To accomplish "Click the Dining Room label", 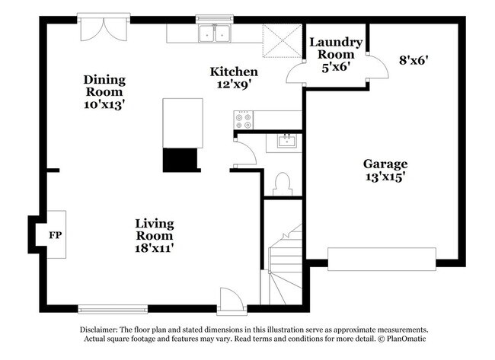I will pyautogui.click(x=105, y=79).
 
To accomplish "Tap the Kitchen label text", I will pyautogui.click(x=234, y=72).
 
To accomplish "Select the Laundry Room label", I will pyautogui.click(x=336, y=49).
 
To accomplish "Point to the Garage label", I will pyautogui.click(x=385, y=164).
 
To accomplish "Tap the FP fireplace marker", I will pyautogui.click(x=55, y=234).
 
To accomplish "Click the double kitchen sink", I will pyautogui.click(x=215, y=33).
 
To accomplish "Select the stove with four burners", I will pyautogui.click(x=244, y=119).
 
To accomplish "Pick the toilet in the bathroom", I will pyautogui.click(x=282, y=183).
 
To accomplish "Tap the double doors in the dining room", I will pyautogui.click(x=104, y=30).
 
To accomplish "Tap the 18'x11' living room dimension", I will pyautogui.click(x=155, y=248).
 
